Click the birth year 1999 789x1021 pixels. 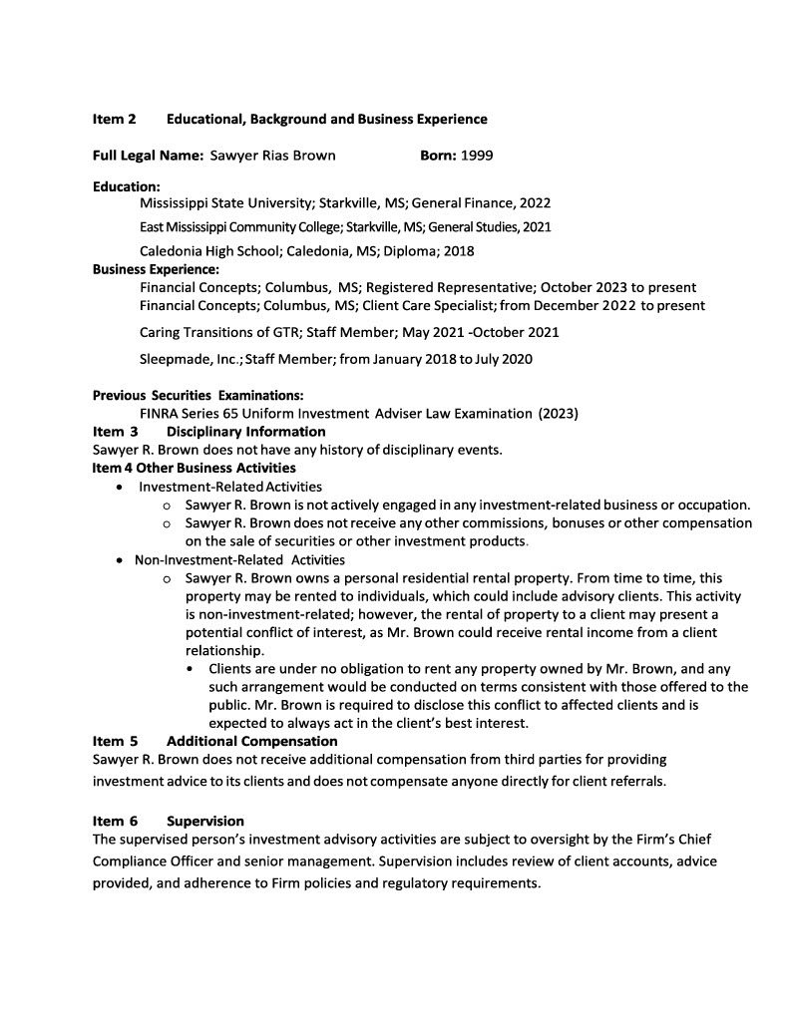pyautogui.click(x=476, y=156)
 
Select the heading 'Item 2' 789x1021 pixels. pyautogui.click(x=115, y=120)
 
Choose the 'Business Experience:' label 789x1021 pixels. pyautogui.click(x=156, y=269)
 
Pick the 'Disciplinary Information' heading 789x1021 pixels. pyautogui.click(x=245, y=432)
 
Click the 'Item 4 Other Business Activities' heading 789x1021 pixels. pyautogui.click(x=194, y=468)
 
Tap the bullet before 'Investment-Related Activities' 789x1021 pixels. pyautogui.click(x=121, y=487)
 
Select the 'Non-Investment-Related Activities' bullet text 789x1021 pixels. pyautogui.click(x=239, y=559)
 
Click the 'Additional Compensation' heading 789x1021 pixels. pyautogui.click(x=251, y=742)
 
